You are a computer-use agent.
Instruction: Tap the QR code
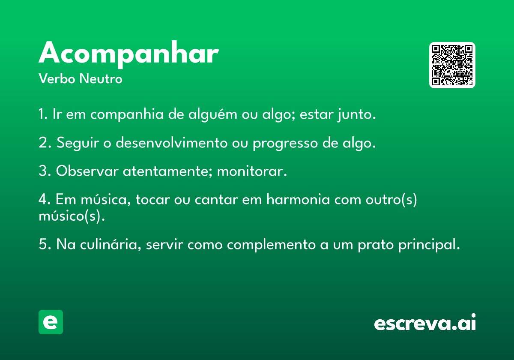pos(452,65)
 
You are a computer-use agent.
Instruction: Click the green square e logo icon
pos(51,322)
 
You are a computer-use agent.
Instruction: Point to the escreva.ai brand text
pos(425,323)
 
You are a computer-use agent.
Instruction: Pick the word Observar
pos(87,171)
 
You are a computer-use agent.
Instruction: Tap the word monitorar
pos(251,171)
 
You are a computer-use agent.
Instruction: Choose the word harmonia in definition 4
pos(298,200)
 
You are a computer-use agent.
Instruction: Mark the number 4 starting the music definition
pos(42,200)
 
